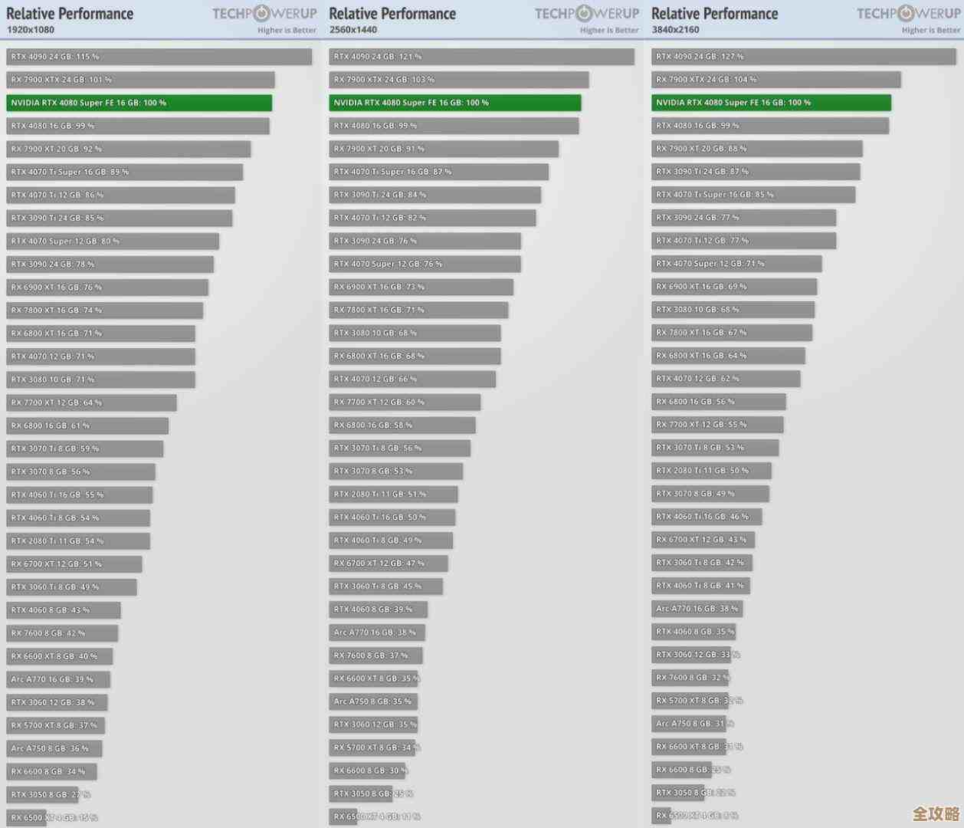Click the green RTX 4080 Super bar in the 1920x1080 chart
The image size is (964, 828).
click(139, 103)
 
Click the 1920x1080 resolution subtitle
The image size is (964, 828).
click(31, 30)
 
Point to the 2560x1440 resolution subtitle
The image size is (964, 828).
click(353, 30)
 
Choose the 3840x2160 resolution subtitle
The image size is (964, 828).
click(675, 30)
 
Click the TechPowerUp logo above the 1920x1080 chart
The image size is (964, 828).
click(264, 13)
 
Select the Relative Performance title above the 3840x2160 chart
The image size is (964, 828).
click(714, 13)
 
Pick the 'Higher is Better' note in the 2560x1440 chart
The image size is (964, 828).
click(609, 31)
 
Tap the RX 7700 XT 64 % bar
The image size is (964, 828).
click(91, 402)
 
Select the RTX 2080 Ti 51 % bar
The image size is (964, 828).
click(393, 495)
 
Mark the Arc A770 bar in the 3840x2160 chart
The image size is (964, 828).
click(697, 609)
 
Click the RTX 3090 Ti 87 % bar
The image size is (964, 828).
click(756, 172)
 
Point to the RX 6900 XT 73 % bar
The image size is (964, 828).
click(421, 287)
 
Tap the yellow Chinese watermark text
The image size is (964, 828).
click(936, 813)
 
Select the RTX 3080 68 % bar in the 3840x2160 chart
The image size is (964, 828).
click(733, 310)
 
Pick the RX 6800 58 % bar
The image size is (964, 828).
click(402, 425)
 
